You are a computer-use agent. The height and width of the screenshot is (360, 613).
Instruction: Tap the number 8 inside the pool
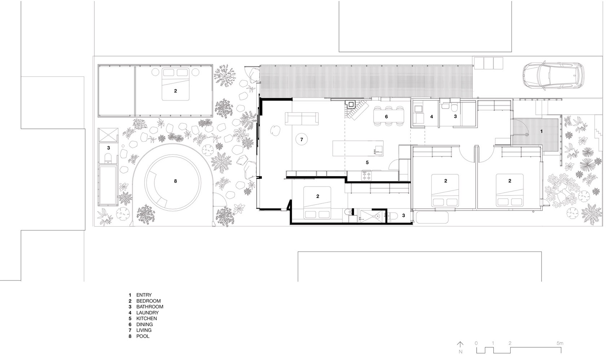tap(176, 181)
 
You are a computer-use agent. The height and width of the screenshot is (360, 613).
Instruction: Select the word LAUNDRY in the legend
tap(147, 313)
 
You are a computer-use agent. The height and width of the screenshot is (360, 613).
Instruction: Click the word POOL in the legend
tap(143, 336)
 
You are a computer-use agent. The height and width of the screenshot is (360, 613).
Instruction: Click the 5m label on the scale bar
tap(559, 343)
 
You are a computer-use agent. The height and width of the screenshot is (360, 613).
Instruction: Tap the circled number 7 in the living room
tap(302, 139)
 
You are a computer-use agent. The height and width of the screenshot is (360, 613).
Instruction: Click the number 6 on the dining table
tap(386, 117)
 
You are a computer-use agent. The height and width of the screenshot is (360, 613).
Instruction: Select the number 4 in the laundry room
tap(431, 117)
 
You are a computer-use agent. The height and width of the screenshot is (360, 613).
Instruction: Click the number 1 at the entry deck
tap(541, 132)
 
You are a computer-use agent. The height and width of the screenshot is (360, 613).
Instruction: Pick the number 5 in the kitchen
tap(367, 162)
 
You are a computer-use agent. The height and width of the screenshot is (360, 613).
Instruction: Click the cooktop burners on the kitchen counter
tap(367, 176)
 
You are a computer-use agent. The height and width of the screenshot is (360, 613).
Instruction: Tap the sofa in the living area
tap(301, 118)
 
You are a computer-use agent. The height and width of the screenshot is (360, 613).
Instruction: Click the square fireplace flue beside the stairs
tap(350, 104)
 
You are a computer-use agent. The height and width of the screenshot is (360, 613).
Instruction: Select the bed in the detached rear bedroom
tap(175, 84)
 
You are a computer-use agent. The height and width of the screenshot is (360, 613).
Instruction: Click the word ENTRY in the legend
tap(144, 295)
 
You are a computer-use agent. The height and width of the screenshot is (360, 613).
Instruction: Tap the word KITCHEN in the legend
tap(146, 319)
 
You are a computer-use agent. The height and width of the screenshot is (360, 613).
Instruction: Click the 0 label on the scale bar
tap(476, 343)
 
